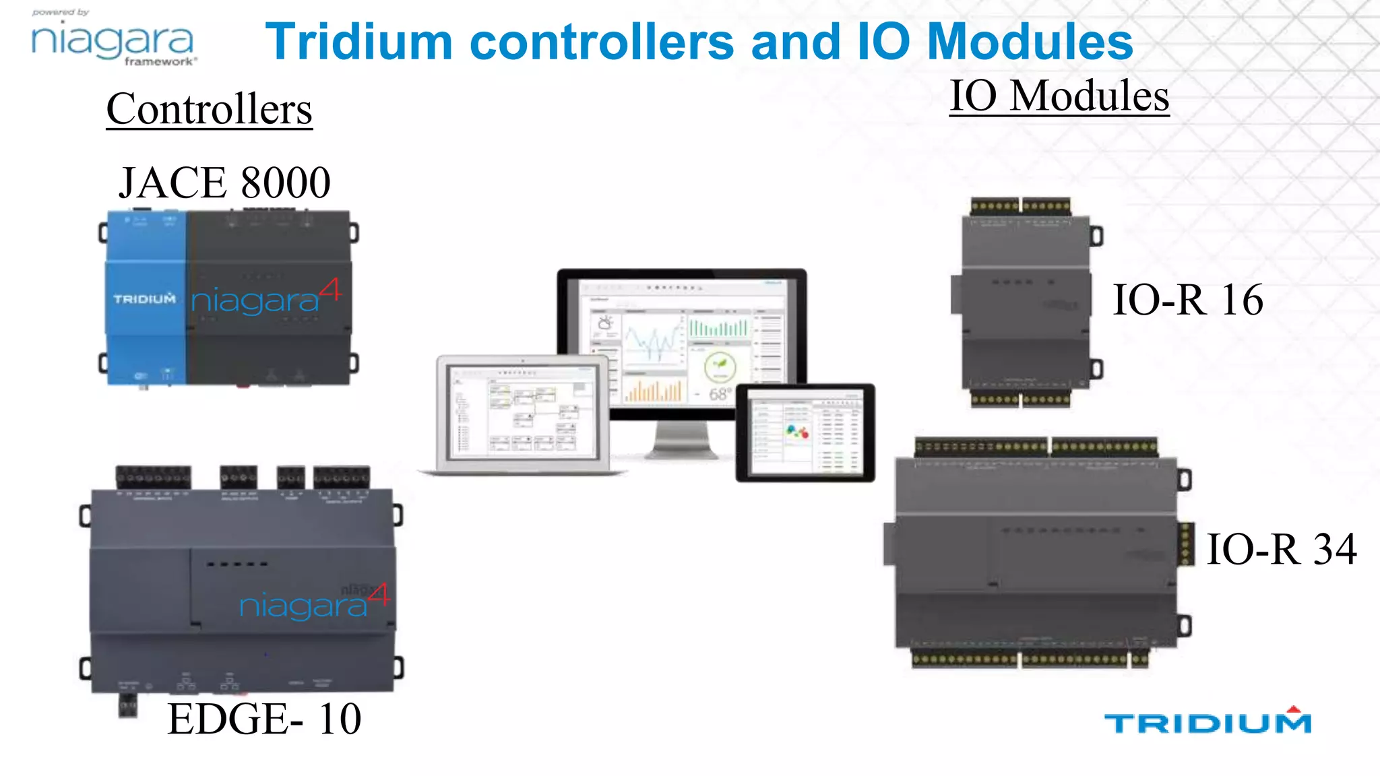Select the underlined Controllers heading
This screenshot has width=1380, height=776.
point(209,109)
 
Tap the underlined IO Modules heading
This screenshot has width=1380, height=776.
point(1059,96)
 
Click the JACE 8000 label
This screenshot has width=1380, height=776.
point(224,183)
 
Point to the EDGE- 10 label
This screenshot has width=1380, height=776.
point(264,719)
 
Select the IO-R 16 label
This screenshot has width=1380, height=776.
point(1187,300)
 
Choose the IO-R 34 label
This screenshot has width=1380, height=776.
point(1281,549)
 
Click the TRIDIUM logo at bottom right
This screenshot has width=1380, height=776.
point(1207,722)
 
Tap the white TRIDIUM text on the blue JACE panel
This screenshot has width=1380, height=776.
point(144,298)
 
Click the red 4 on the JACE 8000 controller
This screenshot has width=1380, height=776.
point(330,290)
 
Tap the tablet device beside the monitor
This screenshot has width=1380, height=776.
point(805,433)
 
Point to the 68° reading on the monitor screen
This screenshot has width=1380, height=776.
point(720,394)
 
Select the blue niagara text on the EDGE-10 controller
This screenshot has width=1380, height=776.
point(303,606)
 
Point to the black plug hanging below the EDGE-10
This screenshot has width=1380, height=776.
point(128,706)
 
